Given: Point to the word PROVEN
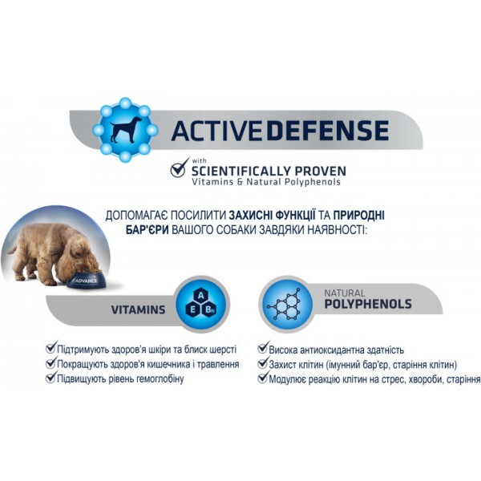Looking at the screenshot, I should click(x=321, y=171).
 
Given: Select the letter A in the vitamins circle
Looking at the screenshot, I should click(x=200, y=295).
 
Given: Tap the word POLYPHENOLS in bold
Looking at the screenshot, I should click(x=368, y=305).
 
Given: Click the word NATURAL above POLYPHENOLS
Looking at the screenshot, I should click(x=345, y=293).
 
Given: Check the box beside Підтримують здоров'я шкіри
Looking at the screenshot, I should click(x=51, y=349).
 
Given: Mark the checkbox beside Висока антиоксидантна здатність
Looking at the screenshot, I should click(x=262, y=349).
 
